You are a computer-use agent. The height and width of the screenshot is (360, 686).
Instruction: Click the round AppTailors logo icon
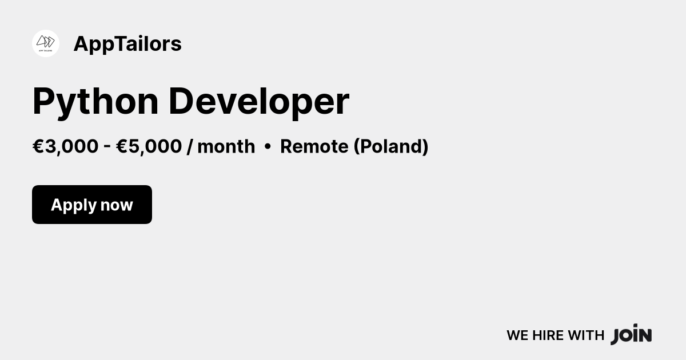(x=46, y=43)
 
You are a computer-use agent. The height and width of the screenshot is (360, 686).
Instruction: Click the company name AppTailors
(x=127, y=44)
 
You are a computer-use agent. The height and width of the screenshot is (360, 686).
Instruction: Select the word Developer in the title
(x=259, y=102)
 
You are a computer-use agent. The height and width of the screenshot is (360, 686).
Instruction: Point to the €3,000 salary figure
(x=66, y=146)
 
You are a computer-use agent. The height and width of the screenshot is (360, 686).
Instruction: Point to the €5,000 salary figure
(x=149, y=146)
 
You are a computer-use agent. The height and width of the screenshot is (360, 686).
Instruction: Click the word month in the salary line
(x=226, y=146)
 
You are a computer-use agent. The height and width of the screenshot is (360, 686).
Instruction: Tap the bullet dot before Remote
(x=268, y=147)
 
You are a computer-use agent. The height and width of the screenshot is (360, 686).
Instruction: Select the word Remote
(x=314, y=146)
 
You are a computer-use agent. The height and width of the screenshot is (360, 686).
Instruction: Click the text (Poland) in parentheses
(x=391, y=146)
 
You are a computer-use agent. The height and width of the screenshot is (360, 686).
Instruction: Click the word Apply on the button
(x=74, y=205)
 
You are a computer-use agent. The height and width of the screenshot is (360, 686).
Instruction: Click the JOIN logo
(x=631, y=334)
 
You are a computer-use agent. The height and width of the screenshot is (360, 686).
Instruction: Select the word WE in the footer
(x=517, y=335)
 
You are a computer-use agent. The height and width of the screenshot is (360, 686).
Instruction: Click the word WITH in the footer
(x=586, y=335)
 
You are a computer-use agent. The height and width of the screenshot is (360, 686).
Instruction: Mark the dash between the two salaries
(x=107, y=146)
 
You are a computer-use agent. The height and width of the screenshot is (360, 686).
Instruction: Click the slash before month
(x=190, y=146)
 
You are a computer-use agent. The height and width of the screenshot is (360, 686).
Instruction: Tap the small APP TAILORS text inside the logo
(x=46, y=51)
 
